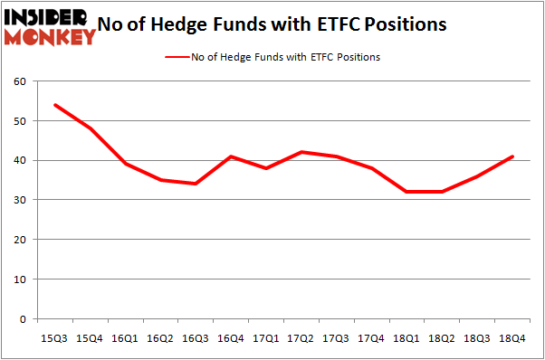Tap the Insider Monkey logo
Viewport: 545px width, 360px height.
point(50,26)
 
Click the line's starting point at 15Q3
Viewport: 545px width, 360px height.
point(55,105)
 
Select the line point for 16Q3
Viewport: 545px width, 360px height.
point(196,185)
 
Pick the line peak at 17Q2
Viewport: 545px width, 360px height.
point(302,152)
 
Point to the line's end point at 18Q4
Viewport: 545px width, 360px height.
point(513,156)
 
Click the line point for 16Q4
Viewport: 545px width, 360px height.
point(232,156)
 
